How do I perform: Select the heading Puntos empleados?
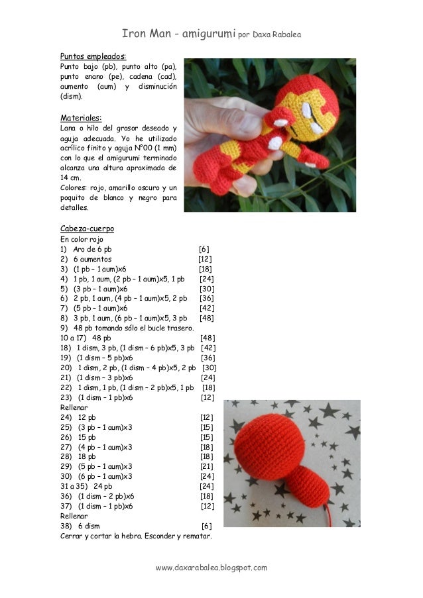click(93, 56)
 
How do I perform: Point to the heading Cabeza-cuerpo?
click(89, 228)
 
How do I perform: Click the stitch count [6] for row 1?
click(204, 249)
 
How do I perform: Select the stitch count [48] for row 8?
click(206, 318)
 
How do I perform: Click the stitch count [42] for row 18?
click(208, 348)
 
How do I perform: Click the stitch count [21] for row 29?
click(206, 466)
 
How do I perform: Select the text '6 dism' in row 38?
click(89, 525)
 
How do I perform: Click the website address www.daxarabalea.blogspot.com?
click(211, 568)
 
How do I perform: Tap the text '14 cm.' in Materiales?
click(71, 178)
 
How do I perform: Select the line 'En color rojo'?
click(82, 239)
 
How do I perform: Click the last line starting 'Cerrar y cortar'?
click(136, 536)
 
